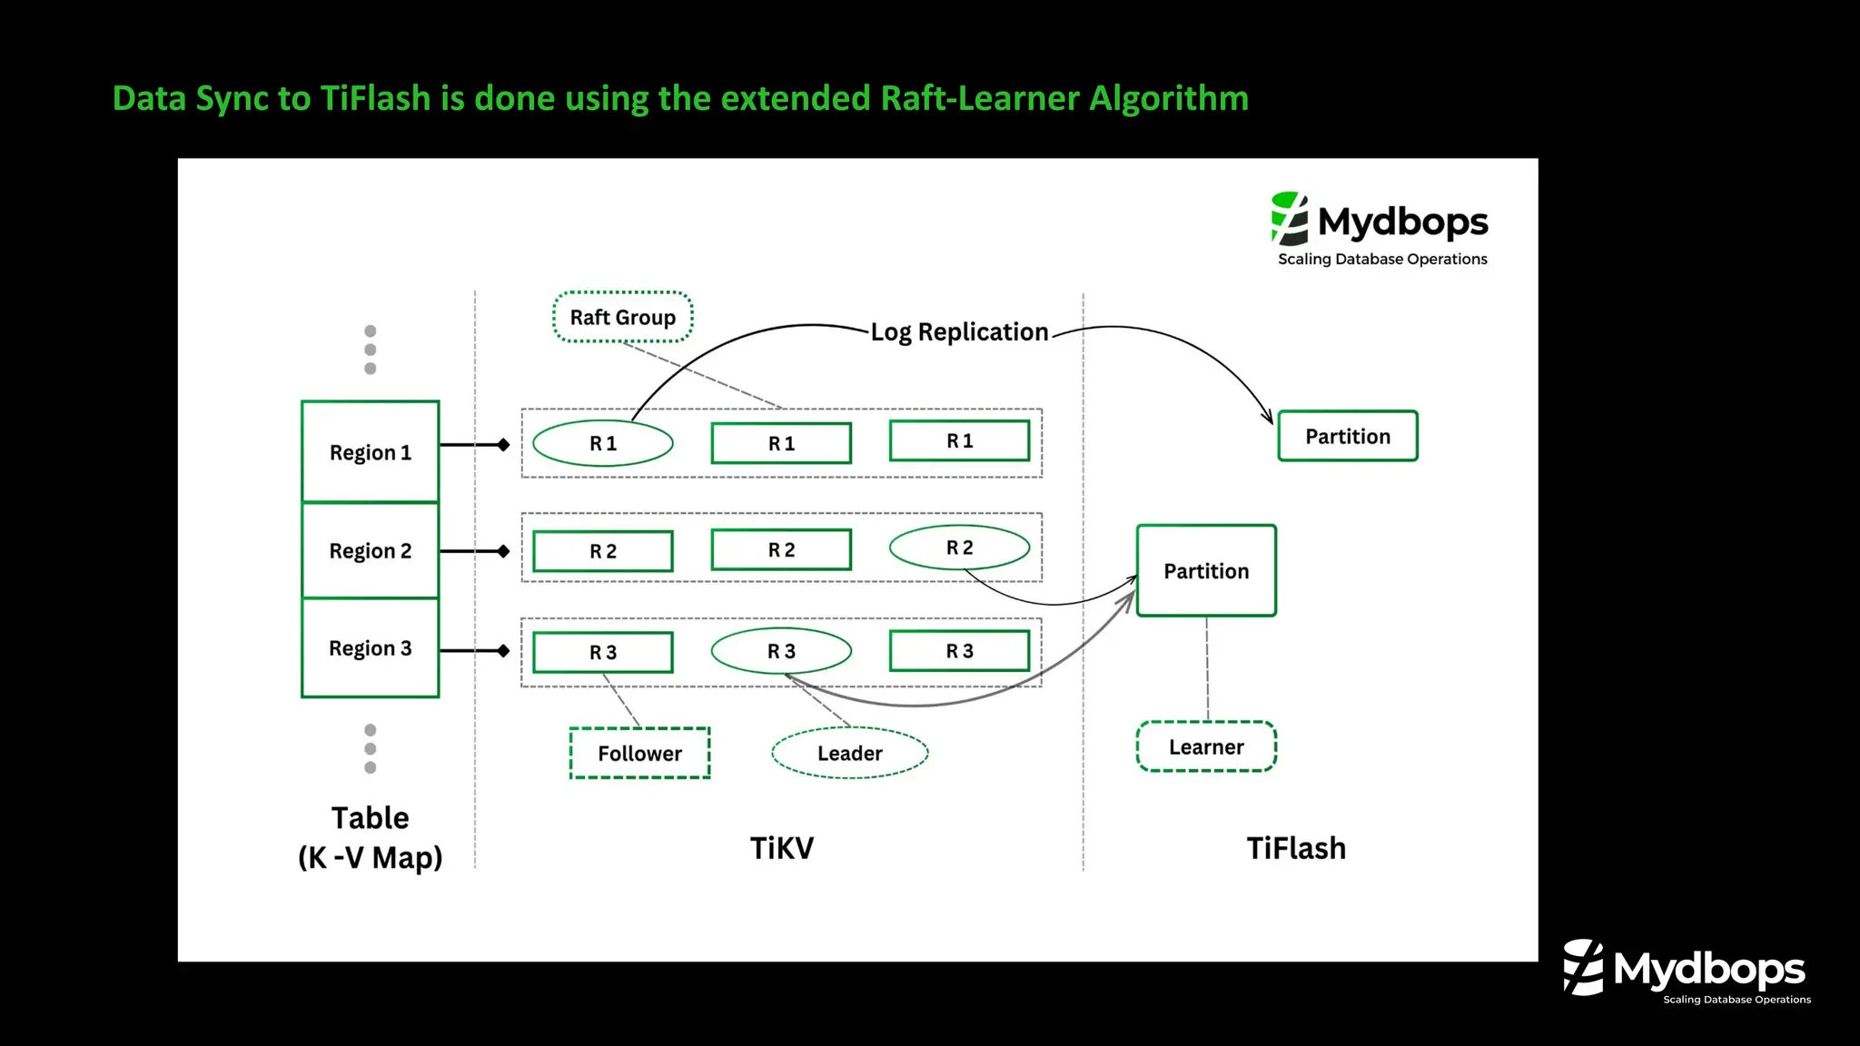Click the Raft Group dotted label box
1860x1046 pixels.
[x=622, y=317]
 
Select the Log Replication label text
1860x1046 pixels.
[x=959, y=331]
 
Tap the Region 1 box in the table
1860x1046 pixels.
[x=370, y=451]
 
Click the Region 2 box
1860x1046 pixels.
[x=370, y=550]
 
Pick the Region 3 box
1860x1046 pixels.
[x=370, y=647]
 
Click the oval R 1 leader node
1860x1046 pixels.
[x=602, y=443]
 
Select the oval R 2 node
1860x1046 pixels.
[x=959, y=548]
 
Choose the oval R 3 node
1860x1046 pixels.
[x=781, y=651]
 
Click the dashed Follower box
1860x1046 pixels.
[x=639, y=753]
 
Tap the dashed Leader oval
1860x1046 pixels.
[x=849, y=753]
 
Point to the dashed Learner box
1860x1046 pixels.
[x=1206, y=746]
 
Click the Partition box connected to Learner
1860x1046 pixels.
[x=1206, y=570]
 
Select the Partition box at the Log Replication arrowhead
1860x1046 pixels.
[x=1347, y=436]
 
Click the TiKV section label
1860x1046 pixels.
[x=781, y=847]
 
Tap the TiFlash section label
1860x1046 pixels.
[x=1295, y=847]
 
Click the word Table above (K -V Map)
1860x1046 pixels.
[x=370, y=817]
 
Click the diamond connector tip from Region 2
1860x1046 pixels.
[x=503, y=551]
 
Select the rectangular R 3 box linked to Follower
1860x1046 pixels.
[x=602, y=652]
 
